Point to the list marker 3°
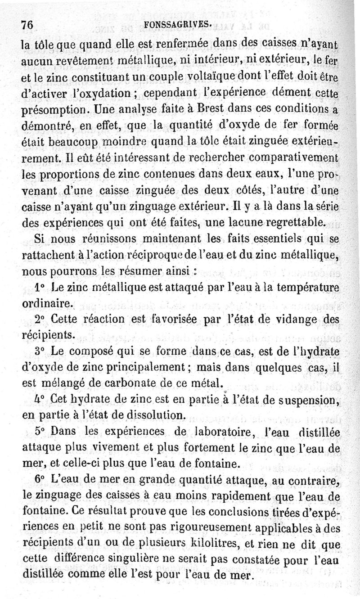click(40, 351)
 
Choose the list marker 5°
click(40, 431)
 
